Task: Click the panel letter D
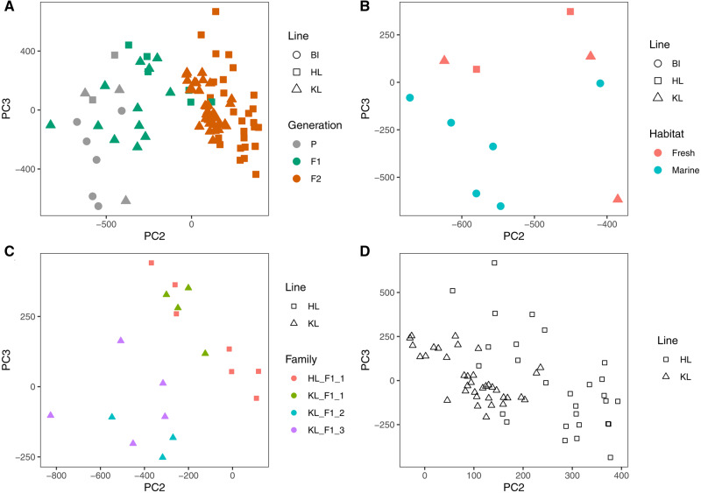(364, 255)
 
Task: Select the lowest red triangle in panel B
(618, 199)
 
